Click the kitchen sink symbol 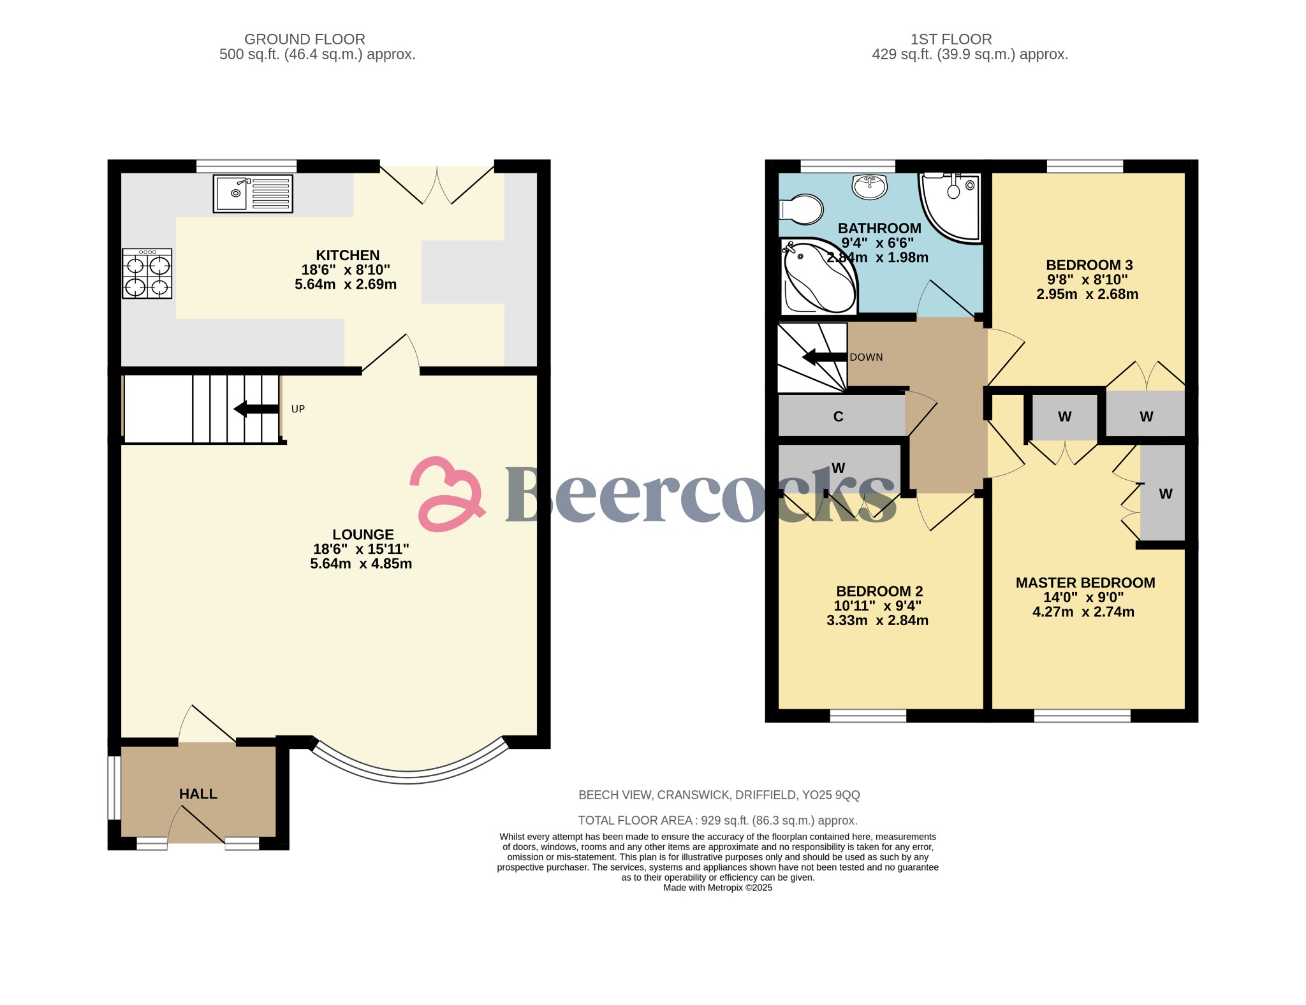(253, 194)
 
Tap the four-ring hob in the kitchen (147, 273)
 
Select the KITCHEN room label (348, 255)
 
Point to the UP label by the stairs (298, 409)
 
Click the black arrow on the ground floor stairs (256, 409)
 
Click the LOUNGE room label (363, 535)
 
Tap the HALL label (198, 794)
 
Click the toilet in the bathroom (802, 209)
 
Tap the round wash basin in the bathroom (869, 187)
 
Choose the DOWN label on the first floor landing (866, 358)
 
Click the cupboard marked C (839, 416)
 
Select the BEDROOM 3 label (1089, 265)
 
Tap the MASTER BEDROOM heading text (1085, 583)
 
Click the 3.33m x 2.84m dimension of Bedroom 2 (877, 621)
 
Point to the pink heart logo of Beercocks (446, 494)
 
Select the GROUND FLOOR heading (305, 40)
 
